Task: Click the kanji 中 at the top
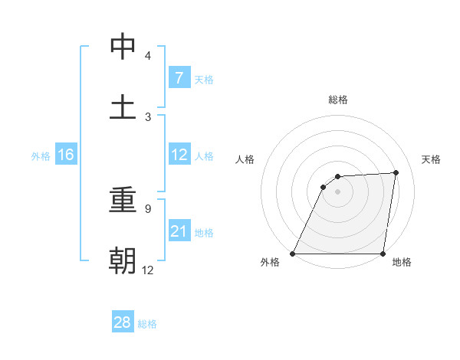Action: (x=123, y=47)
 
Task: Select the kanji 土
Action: (x=123, y=107)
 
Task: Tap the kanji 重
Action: (x=123, y=201)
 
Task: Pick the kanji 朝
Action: (x=123, y=261)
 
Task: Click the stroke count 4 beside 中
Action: (x=148, y=56)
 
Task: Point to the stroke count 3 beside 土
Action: (x=148, y=116)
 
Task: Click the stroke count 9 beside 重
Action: (x=148, y=208)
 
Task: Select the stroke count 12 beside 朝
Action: (x=148, y=270)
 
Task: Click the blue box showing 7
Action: (x=179, y=77)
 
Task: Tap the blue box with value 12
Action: (x=179, y=155)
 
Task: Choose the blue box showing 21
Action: (x=179, y=231)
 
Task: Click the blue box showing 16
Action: (x=66, y=155)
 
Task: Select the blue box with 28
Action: (x=123, y=322)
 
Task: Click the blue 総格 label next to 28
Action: (x=147, y=324)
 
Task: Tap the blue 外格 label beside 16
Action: (x=41, y=155)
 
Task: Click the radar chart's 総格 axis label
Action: (x=337, y=100)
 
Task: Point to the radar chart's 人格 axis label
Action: (x=246, y=159)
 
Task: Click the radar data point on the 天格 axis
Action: (x=396, y=172)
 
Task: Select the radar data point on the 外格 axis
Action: (x=293, y=254)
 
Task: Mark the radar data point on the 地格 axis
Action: (x=383, y=254)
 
